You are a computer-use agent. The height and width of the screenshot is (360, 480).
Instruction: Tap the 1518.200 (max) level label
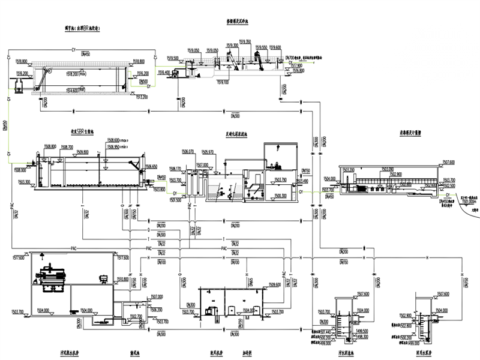(x=64, y=73)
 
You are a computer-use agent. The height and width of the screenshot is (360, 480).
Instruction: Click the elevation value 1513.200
(x=142, y=97)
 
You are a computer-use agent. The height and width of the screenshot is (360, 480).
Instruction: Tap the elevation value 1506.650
(x=150, y=166)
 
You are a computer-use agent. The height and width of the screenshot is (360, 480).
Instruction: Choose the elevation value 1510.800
(x=122, y=278)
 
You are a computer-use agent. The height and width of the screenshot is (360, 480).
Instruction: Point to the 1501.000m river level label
(x=458, y=201)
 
